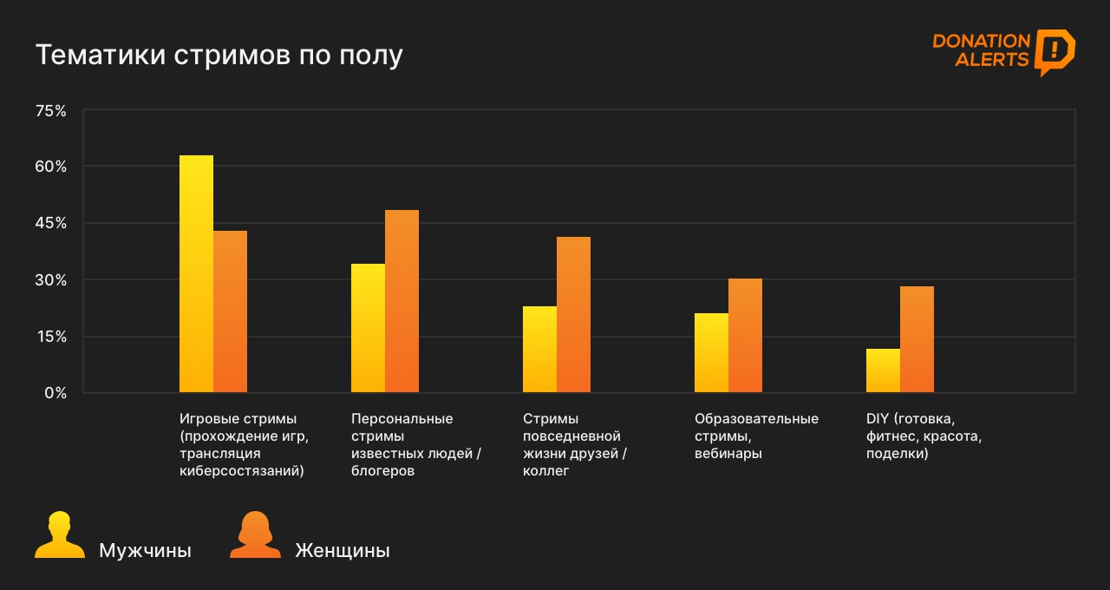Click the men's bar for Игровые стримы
[x=196, y=274]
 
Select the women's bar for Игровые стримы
[x=230, y=311]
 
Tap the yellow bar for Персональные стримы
[x=368, y=328]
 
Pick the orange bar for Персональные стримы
[x=402, y=301]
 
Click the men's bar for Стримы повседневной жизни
[x=539, y=350]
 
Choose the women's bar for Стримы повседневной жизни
[x=573, y=315]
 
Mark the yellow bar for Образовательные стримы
[x=711, y=353]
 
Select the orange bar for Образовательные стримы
[x=745, y=336]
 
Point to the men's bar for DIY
[x=883, y=370]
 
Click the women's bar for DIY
[x=917, y=339]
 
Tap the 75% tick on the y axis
[x=50, y=111]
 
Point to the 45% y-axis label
[x=50, y=224]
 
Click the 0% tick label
[x=55, y=393]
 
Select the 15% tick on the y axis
[x=50, y=337]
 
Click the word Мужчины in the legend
[x=145, y=551]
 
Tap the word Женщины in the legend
[x=343, y=551]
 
